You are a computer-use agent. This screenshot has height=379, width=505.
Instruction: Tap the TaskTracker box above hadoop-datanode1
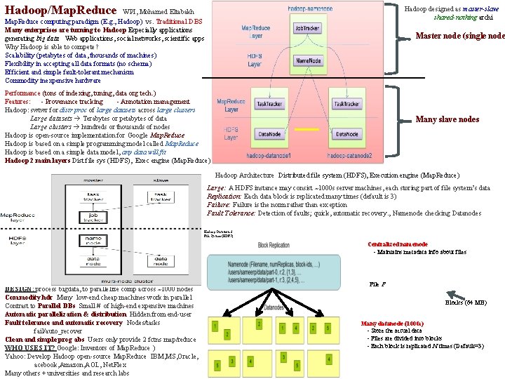tap(269, 104)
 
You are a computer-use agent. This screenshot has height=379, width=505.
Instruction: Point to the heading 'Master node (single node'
tap(459, 36)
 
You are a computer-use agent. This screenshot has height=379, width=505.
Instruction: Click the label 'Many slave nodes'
tap(447, 119)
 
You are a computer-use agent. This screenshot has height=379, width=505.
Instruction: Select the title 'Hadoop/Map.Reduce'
tap(60, 11)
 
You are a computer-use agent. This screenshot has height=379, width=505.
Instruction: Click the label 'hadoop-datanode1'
tap(271, 155)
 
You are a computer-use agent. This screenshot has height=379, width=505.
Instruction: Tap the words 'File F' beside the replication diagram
tap(377, 284)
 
